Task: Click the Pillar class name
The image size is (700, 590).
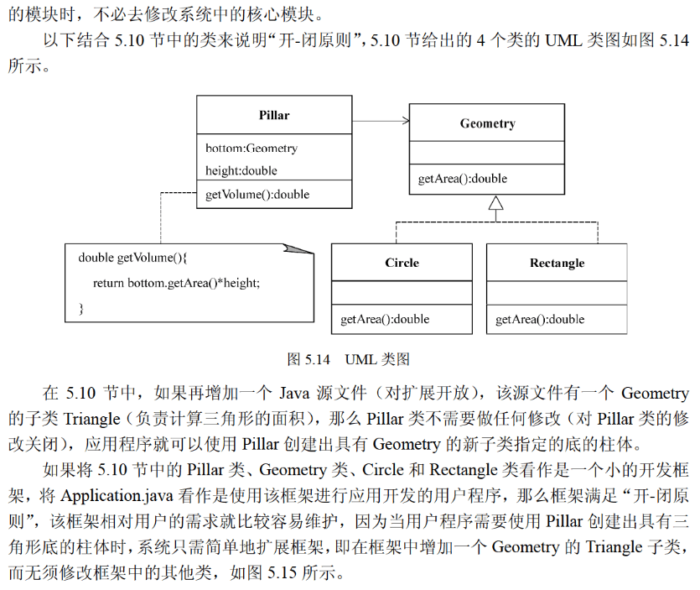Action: click(274, 115)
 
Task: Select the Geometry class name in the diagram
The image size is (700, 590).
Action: click(487, 123)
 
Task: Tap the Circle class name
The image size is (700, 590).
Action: click(402, 263)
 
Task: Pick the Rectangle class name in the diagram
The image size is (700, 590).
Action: click(557, 263)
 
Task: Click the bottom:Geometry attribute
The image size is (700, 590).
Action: click(251, 149)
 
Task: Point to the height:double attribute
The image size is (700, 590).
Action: click(241, 170)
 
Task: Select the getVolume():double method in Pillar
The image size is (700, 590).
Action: click(257, 194)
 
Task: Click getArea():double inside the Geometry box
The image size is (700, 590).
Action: click(462, 178)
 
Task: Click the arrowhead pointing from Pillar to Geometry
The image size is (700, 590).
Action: click(405, 122)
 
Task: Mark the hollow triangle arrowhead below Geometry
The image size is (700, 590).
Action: click(495, 202)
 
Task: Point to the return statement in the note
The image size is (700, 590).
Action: click(176, 283)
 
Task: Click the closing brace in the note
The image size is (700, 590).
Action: click(81, 308)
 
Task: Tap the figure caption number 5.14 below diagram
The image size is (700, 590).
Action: click(317, 359)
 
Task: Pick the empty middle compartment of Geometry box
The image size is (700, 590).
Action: click(487, 153)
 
